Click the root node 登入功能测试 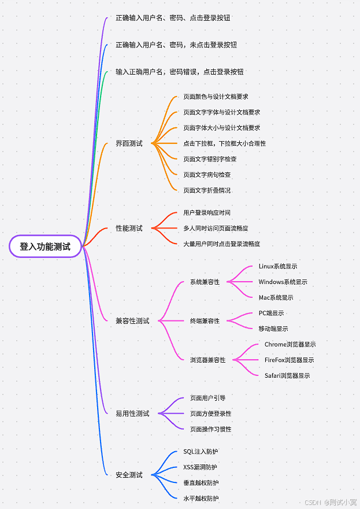(45, 246)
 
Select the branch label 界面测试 (129, 143)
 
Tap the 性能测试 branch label (129, 228)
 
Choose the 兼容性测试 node (132, 321)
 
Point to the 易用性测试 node (132, 414)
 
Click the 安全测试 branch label (129, 475)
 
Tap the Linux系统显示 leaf (278, 267)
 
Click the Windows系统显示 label (283, 282)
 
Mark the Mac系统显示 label (276, 298)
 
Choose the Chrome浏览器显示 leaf (290, 345)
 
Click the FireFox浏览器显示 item (290, 360)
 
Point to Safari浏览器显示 (287, 376)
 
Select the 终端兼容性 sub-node (205, 321)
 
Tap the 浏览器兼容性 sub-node (207, 360)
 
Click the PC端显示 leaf (271, 313)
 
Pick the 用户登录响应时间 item (207, 213)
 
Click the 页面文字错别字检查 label (210, 159)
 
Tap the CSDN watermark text (313, 503)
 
